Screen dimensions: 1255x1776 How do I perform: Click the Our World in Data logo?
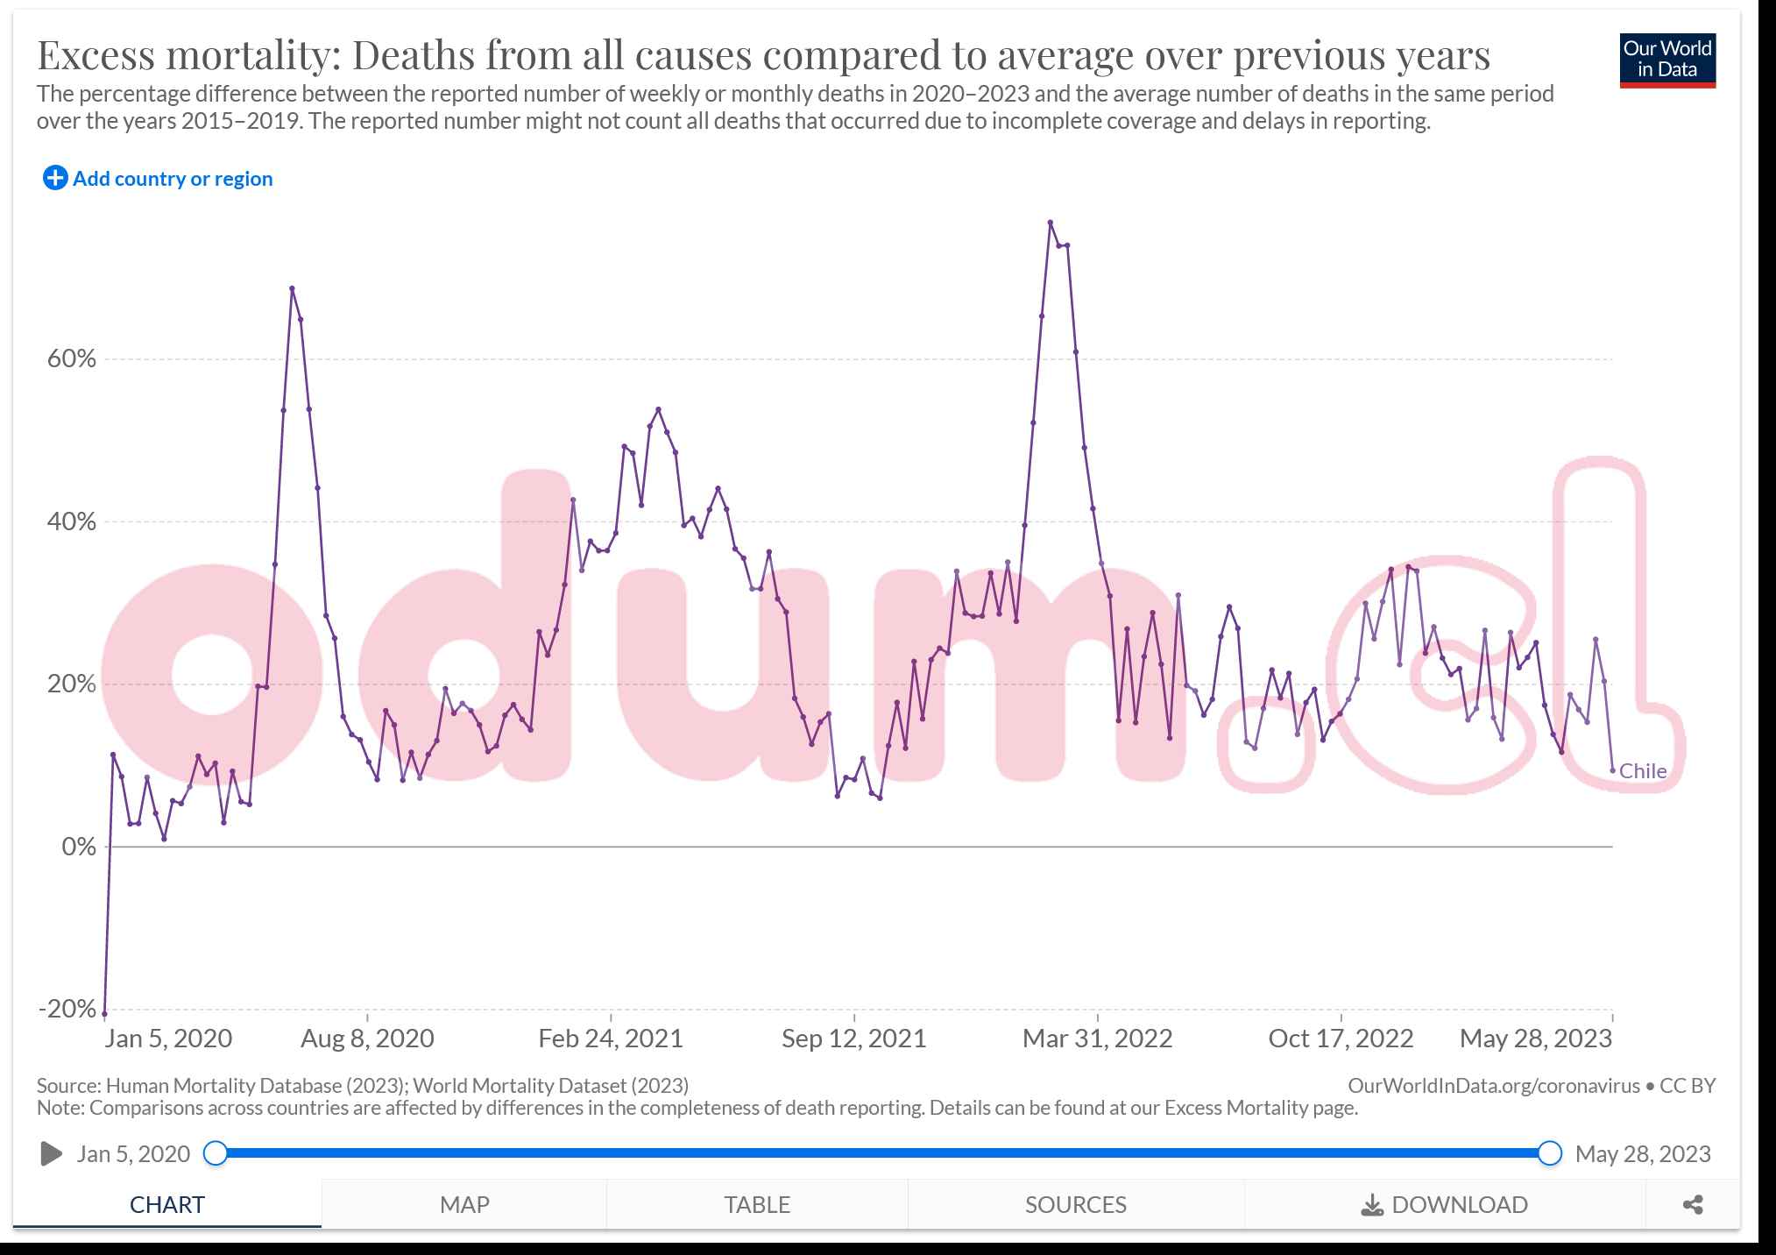coord(1666,60)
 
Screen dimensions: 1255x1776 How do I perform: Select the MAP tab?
coord(464,1204)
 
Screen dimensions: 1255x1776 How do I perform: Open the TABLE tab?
coord(757,1204)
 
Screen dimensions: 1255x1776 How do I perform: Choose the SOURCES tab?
coord(1075,1204)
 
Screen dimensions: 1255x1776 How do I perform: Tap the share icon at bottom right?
coord(1693,1204)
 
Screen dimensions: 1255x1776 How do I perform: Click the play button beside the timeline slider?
coord(51,1153)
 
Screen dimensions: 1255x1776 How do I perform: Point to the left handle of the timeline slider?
coord(216,1153)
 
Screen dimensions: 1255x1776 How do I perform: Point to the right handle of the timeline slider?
coord(1549,1153)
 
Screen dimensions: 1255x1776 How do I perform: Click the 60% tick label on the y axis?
coord(72,358)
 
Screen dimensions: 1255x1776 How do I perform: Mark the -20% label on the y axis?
coord(68,1009)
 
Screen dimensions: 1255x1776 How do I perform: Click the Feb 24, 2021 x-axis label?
coord(611,1039)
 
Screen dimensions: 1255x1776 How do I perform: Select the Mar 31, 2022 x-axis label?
coord(1097,1039)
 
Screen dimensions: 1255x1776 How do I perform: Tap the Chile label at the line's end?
coord(1643,771)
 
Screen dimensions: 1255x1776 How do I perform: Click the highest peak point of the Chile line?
coord(1050,223)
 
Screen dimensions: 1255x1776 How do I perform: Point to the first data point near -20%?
coord(105,1014)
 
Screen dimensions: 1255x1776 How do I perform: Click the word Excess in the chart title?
coord(96,55)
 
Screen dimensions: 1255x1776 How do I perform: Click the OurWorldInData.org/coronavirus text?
coord(1493,1086)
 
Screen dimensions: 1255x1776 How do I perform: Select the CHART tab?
coord(166,1204)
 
